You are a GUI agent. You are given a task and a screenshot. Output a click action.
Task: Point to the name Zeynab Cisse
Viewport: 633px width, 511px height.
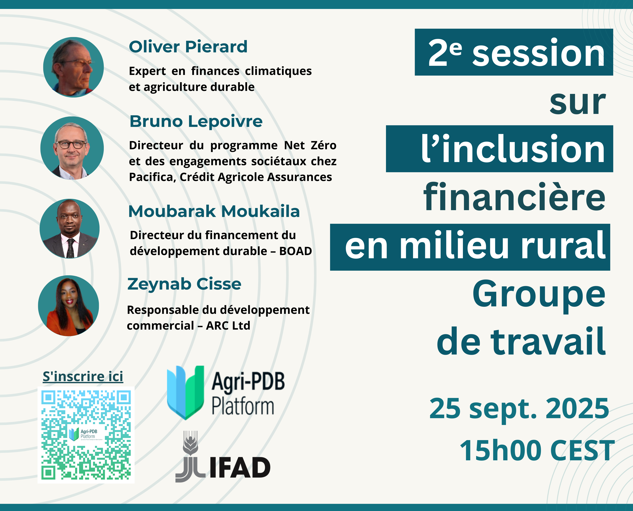(x=184, y=284)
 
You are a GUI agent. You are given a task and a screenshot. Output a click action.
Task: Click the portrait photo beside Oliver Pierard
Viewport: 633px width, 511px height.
(x=73, y=67)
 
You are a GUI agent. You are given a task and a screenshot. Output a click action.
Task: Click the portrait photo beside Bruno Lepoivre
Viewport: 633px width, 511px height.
(x=72, y=148)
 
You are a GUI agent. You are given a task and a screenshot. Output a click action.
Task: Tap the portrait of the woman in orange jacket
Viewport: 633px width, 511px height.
(x=68, y=306)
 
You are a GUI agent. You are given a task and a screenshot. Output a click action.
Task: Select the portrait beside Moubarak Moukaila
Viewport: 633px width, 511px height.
(x=69, y=229)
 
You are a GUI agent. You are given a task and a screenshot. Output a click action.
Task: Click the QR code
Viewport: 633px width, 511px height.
(x=86, y=435)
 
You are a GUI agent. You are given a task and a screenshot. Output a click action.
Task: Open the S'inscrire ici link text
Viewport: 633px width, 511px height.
(x=83, y=376)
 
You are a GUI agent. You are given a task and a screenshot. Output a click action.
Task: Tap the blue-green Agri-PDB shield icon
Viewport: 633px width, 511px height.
(x=186, y=393)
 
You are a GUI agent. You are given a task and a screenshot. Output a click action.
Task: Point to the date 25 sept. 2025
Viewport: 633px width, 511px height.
(x=519, y=408)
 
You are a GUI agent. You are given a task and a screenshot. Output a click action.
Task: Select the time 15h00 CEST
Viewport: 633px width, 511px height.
(x=537, y=450)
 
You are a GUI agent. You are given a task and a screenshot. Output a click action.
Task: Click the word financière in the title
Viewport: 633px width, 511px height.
(x=514, y=197)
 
